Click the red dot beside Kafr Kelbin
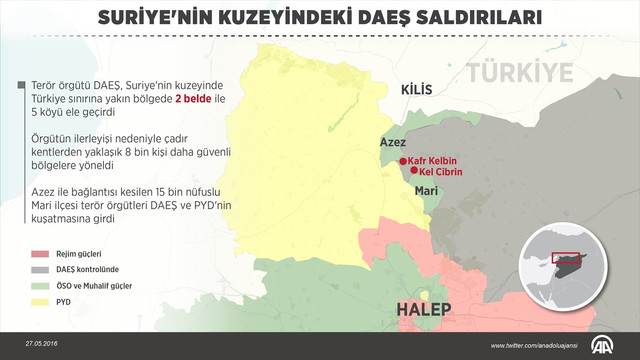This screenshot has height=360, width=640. click(x=402, y=161)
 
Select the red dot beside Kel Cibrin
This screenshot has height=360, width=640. click(x=412, y=172)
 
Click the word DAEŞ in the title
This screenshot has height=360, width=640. click(x=387, y=18)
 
